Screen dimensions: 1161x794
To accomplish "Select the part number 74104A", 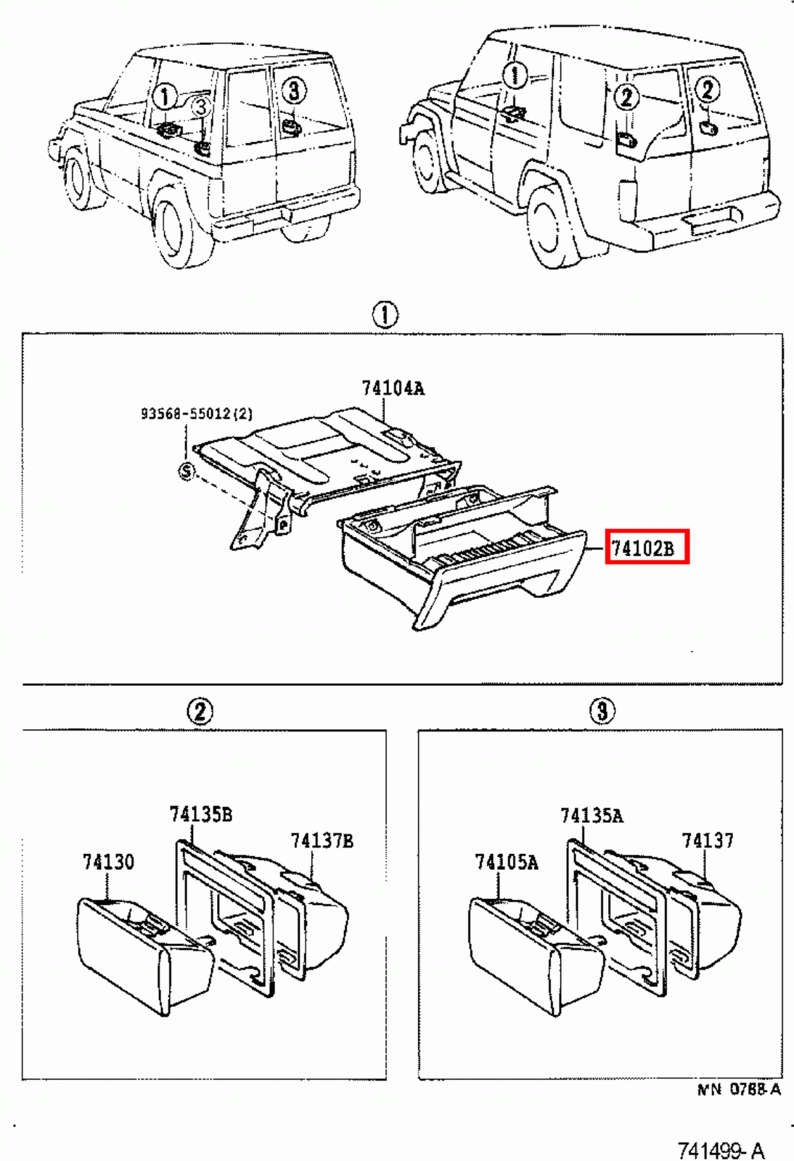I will point(393,388).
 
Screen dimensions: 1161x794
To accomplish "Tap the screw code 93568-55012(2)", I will point(197,414).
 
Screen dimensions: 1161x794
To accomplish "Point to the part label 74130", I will point(108,862).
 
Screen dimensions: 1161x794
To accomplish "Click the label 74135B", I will point(201,814).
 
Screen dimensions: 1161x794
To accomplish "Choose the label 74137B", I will point(322,841).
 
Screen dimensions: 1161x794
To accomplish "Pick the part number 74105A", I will point(506,862).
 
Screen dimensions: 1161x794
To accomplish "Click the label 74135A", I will point(591,816).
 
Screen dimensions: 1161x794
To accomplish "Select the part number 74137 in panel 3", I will point(707,841).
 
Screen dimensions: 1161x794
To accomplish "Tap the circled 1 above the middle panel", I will point(385,315).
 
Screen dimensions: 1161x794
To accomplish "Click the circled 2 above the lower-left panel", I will point(200,710).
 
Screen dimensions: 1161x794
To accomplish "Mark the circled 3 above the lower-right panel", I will point(602,710).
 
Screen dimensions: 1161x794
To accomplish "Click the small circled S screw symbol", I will point(187,472).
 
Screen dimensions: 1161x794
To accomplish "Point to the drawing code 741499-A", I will point(720,1150).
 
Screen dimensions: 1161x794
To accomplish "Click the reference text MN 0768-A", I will point(739,1089).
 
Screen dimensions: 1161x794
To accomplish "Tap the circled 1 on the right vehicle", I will point(515,75).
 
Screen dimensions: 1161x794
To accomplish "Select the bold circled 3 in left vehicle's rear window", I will point(292,91).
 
